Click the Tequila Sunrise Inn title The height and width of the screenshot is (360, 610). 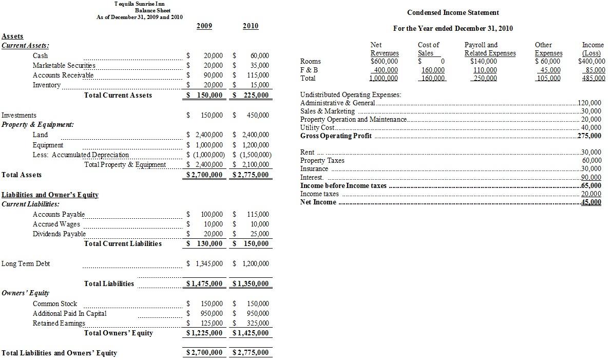point(140,4)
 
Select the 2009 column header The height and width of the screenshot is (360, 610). point(204,26)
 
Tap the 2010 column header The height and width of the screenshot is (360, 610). point(251,26)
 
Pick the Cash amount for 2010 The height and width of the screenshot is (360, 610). point(259,55)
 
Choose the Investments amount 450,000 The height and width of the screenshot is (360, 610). point(259,116)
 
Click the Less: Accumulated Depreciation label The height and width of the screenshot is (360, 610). point(81,155)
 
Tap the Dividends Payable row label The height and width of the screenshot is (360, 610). point(59,234)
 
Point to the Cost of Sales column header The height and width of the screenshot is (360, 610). point(428,49)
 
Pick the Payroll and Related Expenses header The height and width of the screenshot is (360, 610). point(490,49)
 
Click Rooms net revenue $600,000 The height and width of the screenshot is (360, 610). point(385,62)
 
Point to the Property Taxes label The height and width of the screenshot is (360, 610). point(322,161)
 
